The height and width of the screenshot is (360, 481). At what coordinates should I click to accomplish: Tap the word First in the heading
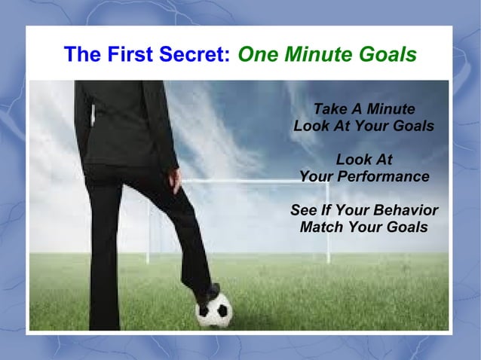[x=131, y=55]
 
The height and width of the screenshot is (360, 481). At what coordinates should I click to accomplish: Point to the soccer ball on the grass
[x=214, y=310]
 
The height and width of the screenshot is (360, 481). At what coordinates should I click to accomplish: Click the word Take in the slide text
[x=328, y=109]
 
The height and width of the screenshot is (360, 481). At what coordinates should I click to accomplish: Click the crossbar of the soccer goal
[x=241, y=181]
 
